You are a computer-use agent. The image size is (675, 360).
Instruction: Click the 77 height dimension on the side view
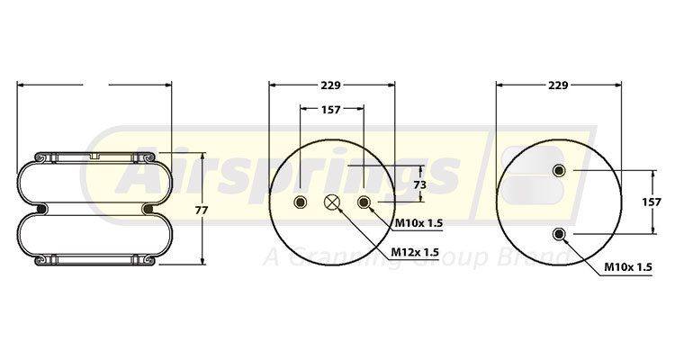coord(202,210)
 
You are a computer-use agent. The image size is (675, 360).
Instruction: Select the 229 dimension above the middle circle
coord(330,85)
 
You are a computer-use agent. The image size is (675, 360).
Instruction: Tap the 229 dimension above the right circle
coord(557,85)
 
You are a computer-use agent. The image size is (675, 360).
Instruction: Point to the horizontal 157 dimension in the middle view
coord(330,109)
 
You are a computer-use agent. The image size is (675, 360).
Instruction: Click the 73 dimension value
coord(418,184)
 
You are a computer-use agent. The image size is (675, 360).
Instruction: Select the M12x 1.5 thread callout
coord(415,252)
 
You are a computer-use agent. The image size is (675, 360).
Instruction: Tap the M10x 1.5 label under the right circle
coord(626,267)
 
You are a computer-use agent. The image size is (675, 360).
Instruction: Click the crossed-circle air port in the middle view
coord(332,202)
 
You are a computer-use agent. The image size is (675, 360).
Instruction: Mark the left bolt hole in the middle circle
coord(301,202)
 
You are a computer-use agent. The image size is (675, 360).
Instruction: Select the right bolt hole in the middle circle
coord(364,202)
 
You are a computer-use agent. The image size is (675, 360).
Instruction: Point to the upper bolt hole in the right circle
coord(560,171)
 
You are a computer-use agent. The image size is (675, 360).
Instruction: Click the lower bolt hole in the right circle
coord(560,234)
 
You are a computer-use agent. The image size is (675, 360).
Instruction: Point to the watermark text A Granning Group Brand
coord(414,258)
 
